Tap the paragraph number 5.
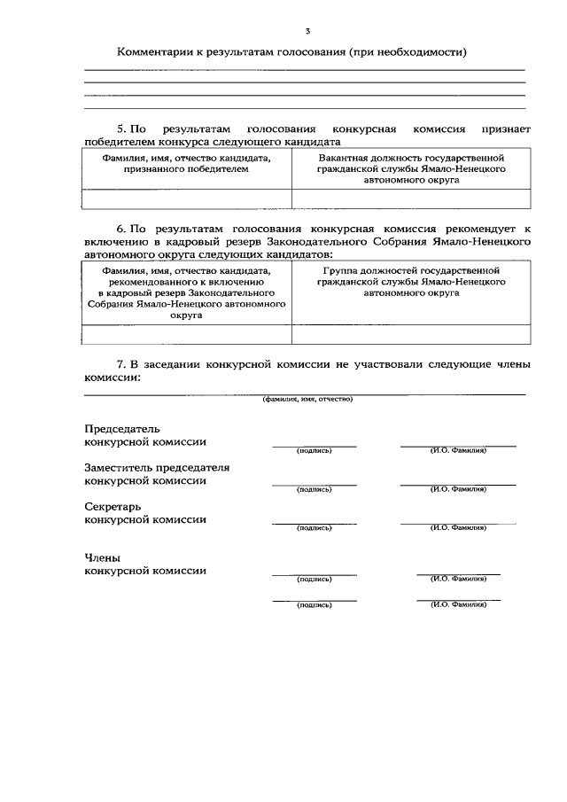click(x=123, y=129)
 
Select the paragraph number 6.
click(x=123, y=228)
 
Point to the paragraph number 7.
click(x=123, y=364)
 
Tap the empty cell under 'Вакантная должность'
click(x=411, y=199)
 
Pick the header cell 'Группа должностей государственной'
click(x=411, y=269)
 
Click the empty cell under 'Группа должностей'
click(x=411, y=334)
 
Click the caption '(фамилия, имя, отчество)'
click(x=307, y=399)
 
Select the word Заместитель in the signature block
click(x=119, y=467)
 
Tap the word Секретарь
click(x=113, y=506)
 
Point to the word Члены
click(x=102, y=557)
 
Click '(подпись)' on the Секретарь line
click(x=315, y=528)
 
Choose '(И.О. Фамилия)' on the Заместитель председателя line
click(x=458, y=489)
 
